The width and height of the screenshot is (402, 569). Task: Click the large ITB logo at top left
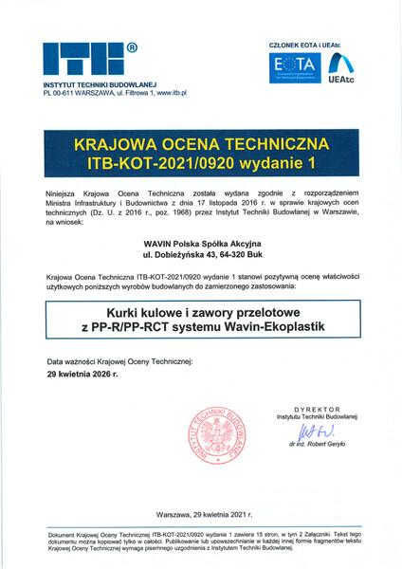point(82,59)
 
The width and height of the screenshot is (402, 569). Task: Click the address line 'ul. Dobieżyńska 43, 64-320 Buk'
point(201,255)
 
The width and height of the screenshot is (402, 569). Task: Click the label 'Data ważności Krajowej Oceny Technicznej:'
point(120,362)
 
